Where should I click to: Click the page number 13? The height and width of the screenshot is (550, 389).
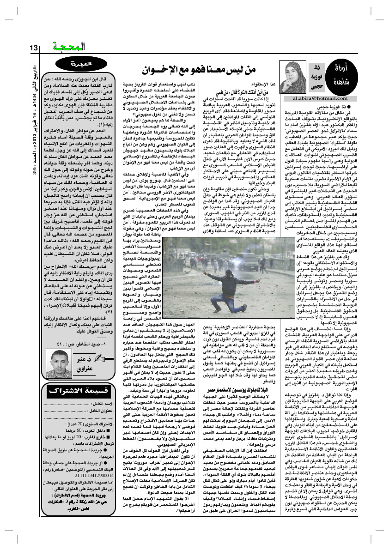35,48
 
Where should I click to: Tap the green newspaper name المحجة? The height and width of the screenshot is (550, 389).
69,47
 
